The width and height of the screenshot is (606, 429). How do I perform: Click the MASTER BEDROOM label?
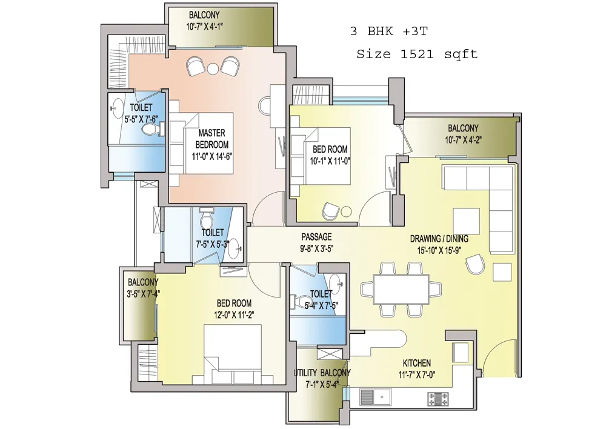click(x=211, y=139)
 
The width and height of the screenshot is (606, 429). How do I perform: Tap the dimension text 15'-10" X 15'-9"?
click(x=439, y=250)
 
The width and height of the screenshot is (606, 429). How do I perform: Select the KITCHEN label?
click(x=417, y=363)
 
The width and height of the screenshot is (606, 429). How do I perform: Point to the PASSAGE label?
click(x=316, y=237)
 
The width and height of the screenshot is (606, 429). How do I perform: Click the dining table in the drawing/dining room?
click(x=401, y=290)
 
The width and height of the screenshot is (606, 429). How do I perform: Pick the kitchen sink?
click(x=375, y=397)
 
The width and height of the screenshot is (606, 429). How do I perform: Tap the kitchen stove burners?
click(x=438, y=399)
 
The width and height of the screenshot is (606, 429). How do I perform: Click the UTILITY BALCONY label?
click(x=322, y=373)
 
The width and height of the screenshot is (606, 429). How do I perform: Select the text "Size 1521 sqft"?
click(x=417, y=54)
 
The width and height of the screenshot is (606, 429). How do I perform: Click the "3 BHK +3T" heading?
click(x=389, y=31)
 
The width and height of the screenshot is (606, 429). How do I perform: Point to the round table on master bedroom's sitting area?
click(x=213, y=69)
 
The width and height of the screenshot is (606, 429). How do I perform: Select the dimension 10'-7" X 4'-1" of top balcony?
click(x=204, y=26)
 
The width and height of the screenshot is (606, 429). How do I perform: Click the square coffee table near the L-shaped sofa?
click(x=466, y=221)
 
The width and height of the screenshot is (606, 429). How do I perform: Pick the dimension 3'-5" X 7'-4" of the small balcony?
click(x=143, y=294)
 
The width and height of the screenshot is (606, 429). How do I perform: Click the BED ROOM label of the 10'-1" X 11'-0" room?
click(x=330, y=149)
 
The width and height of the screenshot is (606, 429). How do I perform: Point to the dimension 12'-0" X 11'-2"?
click(x=234, y=315)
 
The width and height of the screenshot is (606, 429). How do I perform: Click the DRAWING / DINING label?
click(x=439, y=239)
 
